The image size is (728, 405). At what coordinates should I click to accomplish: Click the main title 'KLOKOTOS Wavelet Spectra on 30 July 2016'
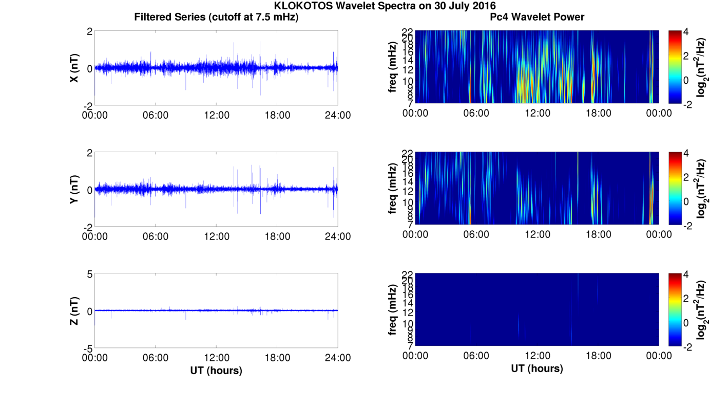pyautogui.click(x=385, y=6)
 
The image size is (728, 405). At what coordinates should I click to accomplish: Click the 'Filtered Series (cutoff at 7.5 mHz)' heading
pyautogui.click(x=216, y=17)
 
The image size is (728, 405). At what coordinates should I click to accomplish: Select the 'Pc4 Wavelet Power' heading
pyautogui.click(x=537, y=17)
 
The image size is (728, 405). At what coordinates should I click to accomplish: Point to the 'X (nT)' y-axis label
pyautogui.click(x=74, y=68)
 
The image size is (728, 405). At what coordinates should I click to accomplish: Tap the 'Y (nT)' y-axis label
pyautogui.click(x=74, y=189)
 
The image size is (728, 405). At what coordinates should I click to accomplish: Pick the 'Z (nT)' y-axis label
pyautogui.click(x=74, y=310)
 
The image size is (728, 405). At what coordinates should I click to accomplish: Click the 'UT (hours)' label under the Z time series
pyautogui.click(x=216, y=370)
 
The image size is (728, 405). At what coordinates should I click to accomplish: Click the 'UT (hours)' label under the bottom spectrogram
pyautogui.click(x=537, y=369)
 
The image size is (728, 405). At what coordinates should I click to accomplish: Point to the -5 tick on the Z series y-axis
pyautogui.click(x=87, y=348)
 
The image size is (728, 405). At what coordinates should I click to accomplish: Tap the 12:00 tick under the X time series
pyautogui.click(x=216, y=115)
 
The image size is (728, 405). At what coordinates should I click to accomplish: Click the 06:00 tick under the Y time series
pyautogui.click(x=156, y=236)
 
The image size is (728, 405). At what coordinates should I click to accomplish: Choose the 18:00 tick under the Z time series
pyautogui.click(x=277, y=358)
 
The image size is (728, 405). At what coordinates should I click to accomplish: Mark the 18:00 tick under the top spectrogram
pyautogui.click(x=598, y=113)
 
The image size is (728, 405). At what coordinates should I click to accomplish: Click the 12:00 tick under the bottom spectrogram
pyautogui.click(x=537, y=356)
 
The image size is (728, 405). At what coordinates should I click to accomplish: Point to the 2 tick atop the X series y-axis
pyautogui.click(x=89, y=31)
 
